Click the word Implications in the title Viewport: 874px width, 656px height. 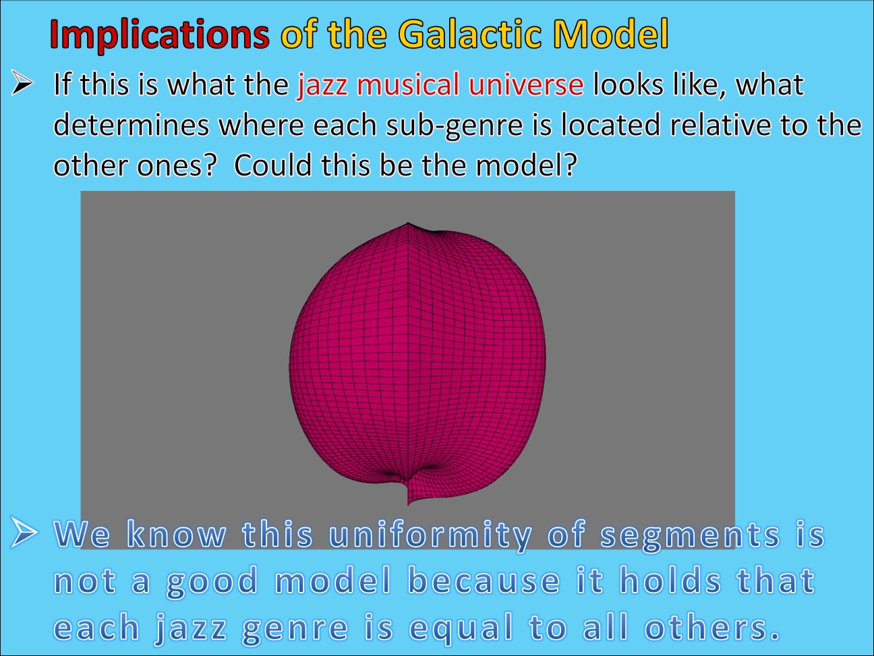click(159, 34)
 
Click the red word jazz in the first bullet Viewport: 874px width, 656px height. click(322, 86)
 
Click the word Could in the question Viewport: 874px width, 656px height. click(273, 165)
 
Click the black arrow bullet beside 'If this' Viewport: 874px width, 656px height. click(23, 84)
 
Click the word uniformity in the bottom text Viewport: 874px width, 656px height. click(430, 535)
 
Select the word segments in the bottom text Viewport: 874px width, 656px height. click(690, 535)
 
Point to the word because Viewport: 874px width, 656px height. click(484, 581)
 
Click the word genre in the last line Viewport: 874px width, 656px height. click(295, 629)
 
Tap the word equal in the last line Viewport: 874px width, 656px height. click(461, 629)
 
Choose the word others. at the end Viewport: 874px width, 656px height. click(712, 629)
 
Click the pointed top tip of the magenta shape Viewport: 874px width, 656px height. click(407, 223)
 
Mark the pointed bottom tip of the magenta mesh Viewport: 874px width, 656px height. click(409, 503)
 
